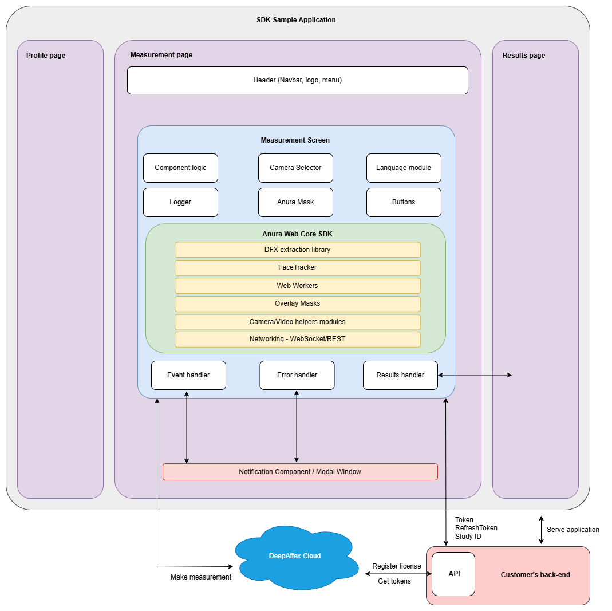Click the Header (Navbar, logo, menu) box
(x=297, y=80)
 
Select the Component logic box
(x=180, y=168)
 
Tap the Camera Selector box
(x=295, y=168)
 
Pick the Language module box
(x=404, y=168)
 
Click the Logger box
(x=180, y=202)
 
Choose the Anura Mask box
(x=295, y=202)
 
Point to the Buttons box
(x=404, y=202)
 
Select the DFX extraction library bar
(x=297, y=250)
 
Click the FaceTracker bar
(x=297, y=267)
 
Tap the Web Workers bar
(x=297, y=286)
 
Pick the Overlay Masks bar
(x=297, y=303)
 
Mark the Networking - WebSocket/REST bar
(x=297, y=339)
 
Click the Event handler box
(x=188, y=375)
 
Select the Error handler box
(x=297, y=375)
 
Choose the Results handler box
(x=400, y=375)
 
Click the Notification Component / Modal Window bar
(x=300, y=472)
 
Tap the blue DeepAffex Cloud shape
(x=295, y=556)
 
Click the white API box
(x=453, y=574)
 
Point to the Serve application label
(x=572, y=530)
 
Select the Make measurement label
(x=201, y=577)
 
